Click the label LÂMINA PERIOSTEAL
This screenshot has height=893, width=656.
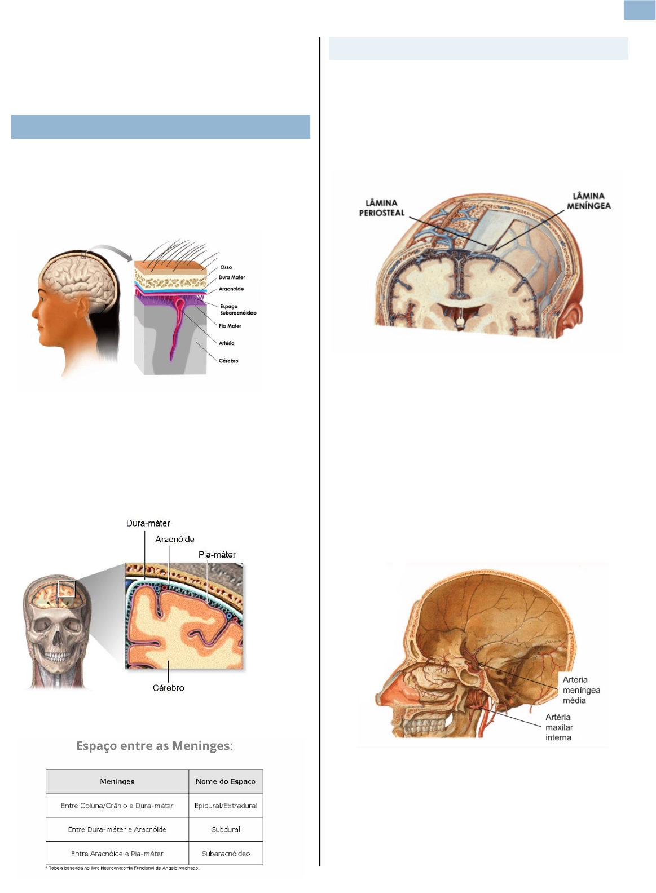[x=382, y=207]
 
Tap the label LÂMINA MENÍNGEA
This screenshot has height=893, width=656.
[x=588, y=201]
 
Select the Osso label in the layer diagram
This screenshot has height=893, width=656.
[x=226, y=267]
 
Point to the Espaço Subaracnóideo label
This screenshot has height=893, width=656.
[x=237, y=310]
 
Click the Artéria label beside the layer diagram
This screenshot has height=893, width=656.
[x=226, y=343]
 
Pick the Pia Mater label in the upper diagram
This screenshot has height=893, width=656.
[x=230, y=326]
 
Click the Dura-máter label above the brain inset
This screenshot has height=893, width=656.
[x=148, y=523]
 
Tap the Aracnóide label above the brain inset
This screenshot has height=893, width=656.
[x=174, y=539]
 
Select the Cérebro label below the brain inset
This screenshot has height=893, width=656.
[x=168, y=688]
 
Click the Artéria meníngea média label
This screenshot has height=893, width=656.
[x=581, y=690]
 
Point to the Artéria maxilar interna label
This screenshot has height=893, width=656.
[x=559, y=727]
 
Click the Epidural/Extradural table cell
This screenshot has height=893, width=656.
[x=226, y=806]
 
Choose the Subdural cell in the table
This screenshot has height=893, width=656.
[x=226, y=829]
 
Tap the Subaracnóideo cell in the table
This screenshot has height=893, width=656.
[x=226, y=854]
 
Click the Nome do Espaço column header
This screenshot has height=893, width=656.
[x=225, y=781]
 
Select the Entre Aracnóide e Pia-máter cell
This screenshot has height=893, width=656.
[x=117, y=854]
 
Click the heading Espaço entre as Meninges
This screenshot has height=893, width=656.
[x=153, y=746]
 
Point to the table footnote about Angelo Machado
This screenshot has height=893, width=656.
[x=122, y=868]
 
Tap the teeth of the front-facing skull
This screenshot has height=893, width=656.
[x=56, y=657]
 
